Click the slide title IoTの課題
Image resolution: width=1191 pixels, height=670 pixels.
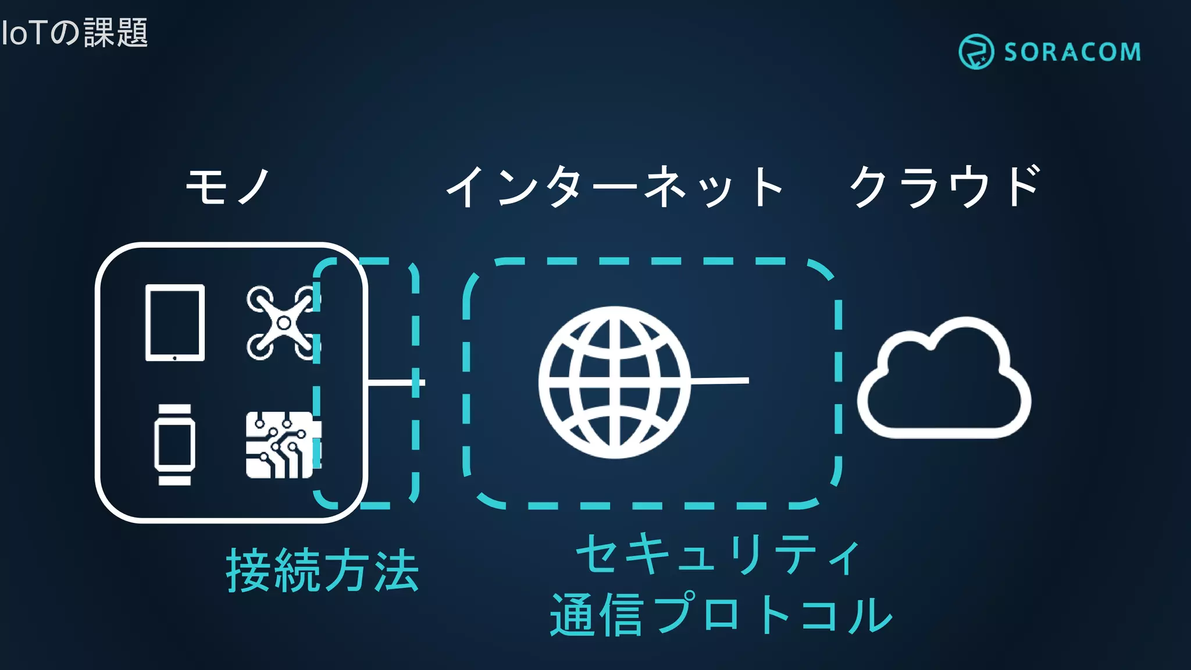74,33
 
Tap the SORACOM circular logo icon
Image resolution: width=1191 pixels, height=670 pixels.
976,52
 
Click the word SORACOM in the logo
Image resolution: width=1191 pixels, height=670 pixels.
1072,52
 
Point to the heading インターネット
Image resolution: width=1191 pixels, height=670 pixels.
615,187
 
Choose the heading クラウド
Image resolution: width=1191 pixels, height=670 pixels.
945,187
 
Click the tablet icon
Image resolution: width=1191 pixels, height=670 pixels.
174,322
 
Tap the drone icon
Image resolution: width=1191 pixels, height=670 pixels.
283,323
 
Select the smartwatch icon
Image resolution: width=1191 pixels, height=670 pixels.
174,445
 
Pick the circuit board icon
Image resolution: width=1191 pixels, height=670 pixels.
282,446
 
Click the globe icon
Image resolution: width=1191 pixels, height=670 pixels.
614,382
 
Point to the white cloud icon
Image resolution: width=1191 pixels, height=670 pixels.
943,381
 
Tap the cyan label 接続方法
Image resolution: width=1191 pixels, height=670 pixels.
322,571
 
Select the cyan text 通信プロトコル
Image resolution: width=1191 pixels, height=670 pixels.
721,614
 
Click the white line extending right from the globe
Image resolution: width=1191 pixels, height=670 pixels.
721,381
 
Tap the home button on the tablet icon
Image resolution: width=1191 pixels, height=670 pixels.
174,358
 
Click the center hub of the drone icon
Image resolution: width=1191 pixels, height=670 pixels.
284,323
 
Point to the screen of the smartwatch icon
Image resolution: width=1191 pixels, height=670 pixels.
174,445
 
